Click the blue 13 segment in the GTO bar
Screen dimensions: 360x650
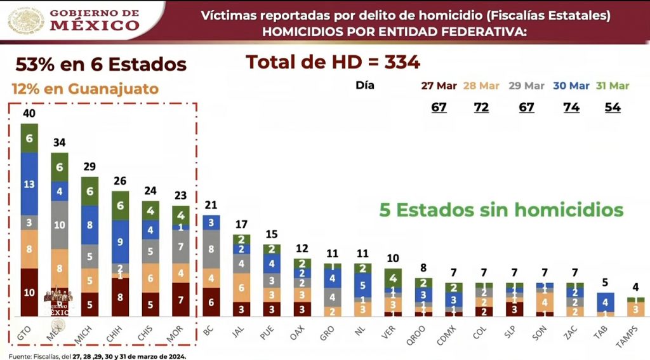pos(29,183)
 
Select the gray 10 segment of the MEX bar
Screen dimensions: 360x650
pos(60,225)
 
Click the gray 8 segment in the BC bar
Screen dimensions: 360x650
pos(211,250)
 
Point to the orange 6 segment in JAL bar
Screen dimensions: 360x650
pos(241,288)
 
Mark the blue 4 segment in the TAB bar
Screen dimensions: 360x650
pos(606,302)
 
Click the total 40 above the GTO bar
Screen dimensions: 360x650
pos(29,114)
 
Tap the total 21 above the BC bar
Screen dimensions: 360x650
pos(211,205)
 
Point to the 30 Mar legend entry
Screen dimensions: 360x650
pos(571,86)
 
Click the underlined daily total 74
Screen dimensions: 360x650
pos(571,107)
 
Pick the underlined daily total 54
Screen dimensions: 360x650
pos(613,107)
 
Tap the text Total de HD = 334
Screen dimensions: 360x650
pos(333,62)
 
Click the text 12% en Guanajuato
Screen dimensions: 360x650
pos(85,89)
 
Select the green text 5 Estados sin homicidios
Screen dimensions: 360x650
pos(501,210)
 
